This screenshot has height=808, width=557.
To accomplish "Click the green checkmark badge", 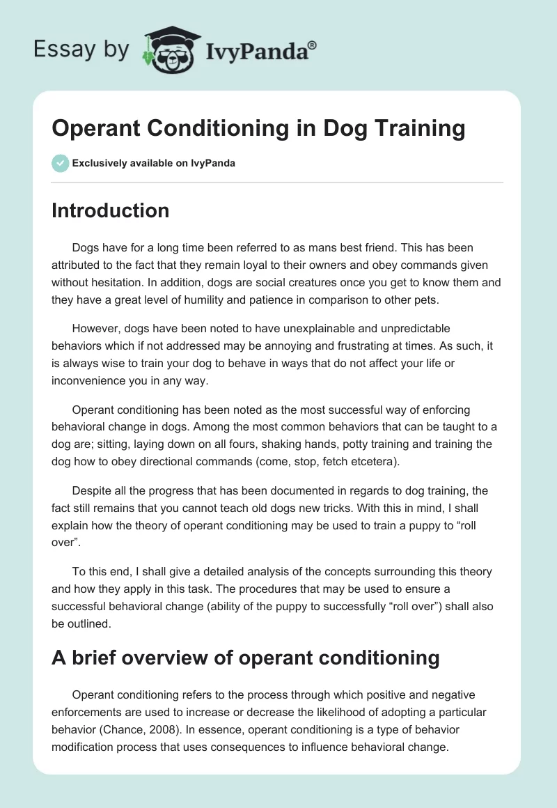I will [60, 163].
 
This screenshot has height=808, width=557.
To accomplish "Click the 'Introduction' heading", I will [110, 210].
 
